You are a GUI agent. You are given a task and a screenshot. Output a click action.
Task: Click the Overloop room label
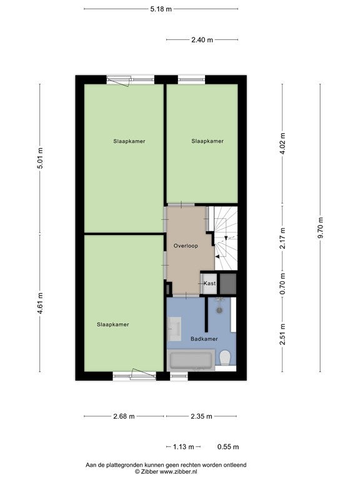point(186,246)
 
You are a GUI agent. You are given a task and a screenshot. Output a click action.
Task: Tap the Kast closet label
point(210,284)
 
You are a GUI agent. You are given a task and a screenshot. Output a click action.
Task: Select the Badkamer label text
point(204,339)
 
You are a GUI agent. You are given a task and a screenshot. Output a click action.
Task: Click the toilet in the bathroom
point(225,358)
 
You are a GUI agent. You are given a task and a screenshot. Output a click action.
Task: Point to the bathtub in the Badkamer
point(191,361)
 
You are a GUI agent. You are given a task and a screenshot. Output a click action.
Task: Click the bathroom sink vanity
point(174,329)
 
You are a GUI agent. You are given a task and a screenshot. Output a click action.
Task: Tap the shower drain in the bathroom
point(219,310)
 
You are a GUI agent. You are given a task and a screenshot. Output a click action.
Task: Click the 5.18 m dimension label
point(161,9)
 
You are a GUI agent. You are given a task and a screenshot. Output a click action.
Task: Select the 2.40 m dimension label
point(202,40)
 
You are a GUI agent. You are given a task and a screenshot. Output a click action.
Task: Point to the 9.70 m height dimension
point(321,228)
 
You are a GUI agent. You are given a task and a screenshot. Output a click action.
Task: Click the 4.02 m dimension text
point(282,144)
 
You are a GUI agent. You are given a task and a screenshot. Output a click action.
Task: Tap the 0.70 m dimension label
point(282,284)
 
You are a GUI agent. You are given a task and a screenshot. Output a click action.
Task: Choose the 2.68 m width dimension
point(124,416)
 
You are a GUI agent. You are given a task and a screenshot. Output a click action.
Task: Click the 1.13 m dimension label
point(183,447)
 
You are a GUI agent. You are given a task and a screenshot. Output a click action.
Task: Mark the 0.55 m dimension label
point(228,447)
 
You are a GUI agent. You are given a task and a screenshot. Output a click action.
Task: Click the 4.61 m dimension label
point(41,303)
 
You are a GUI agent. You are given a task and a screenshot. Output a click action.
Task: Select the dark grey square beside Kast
point(228,284)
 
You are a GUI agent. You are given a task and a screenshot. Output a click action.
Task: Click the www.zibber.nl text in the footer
point(179,472)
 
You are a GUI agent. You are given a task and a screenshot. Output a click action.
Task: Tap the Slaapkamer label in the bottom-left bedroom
point(113,324)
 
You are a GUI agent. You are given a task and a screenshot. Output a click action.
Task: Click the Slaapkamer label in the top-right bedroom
point(207,141)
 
